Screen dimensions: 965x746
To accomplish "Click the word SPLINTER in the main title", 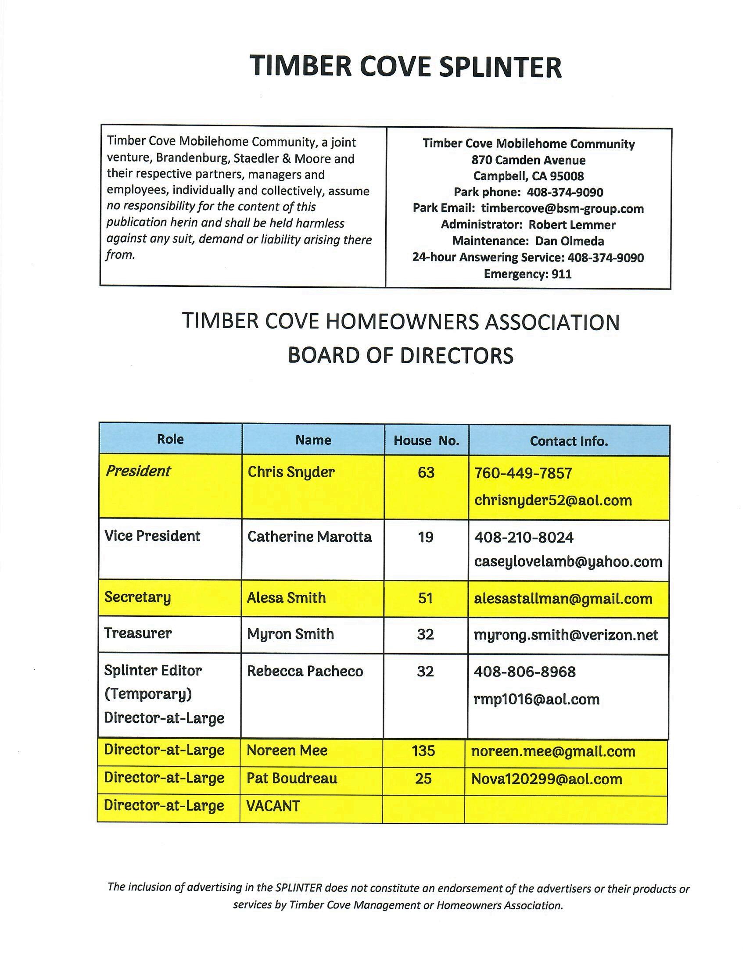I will click(500, 67).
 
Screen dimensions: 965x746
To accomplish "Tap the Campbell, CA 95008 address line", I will click(528, 176).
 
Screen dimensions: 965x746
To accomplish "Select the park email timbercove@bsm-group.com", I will click(562, 208).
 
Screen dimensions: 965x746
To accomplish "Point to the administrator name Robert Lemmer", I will click(572, 225).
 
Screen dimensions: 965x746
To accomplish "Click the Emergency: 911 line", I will click(527, 274).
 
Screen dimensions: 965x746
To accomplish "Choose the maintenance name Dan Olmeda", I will click(569, 241).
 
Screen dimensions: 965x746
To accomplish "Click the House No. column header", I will click(426, 440).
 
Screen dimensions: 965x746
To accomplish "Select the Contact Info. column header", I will click(569, 441).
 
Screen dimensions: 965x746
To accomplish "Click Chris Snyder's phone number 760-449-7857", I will click(523, 473).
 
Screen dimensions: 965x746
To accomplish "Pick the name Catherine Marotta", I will click(309, 537).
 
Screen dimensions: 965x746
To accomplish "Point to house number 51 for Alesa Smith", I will click(425, 598).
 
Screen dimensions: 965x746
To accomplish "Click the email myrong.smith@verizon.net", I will click(566, 635).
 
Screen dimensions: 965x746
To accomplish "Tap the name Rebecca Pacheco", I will click(305, 671).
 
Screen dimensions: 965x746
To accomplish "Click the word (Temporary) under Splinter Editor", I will click(148, 694).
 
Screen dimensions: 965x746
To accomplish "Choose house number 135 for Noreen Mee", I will click(423, 751).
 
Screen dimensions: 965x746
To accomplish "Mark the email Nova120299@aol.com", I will click(547, 779).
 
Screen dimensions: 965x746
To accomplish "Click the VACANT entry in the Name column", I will click(273, 806).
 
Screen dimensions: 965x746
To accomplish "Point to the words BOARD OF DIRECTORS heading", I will click(400, 355).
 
